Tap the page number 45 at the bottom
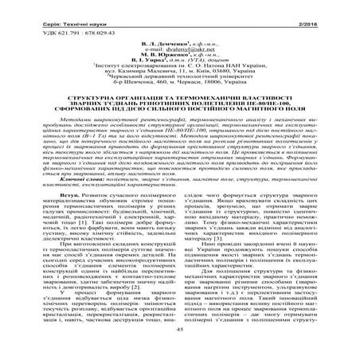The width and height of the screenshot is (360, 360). click(180, 351)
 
